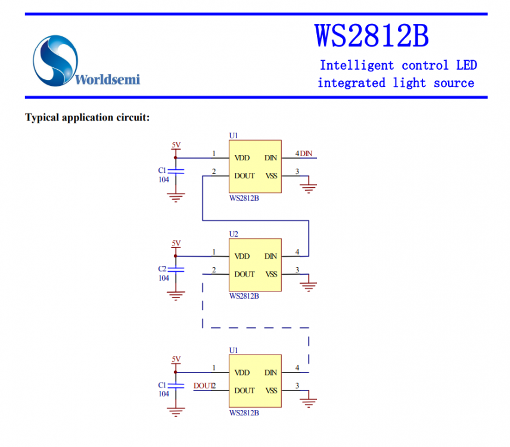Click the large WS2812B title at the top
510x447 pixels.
(x=371, y=36)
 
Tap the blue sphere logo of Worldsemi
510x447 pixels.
(x=55, y=60)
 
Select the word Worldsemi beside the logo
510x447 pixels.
(x=108, y=79)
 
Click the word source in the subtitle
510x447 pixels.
(x=454, y=83)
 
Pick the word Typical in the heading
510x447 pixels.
(x=42, y=117)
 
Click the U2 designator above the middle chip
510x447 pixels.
(x=234, y=234)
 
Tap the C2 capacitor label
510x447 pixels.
(x=162, y=269)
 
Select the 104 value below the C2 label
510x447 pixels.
(x=163, y=278)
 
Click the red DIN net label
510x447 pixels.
(x=306, y=154)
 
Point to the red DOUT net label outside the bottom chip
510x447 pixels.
(x=203, y=386)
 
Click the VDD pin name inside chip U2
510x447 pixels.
(x=242, y=257)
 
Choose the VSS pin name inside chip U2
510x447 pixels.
(x=271, y=275)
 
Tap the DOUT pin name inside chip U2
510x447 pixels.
(x=244, y=275)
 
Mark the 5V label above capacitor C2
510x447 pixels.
(x=176, y=243)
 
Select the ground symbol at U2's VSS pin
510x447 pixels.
(x=309, y=286)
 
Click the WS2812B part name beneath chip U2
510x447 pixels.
(x=244, y=296)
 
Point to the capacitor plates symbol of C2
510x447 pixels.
(x=176, y=270)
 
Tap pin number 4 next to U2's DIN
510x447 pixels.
(x=297, y=252)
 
